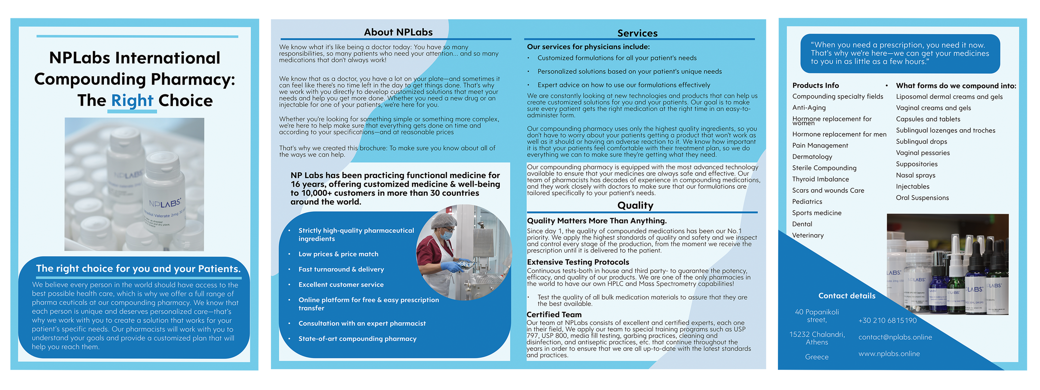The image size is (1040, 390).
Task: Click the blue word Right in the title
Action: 132,101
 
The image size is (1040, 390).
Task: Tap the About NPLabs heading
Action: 398,32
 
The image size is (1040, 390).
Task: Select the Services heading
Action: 637,33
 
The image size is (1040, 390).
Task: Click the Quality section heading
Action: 635,205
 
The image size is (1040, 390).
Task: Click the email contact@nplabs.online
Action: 895,337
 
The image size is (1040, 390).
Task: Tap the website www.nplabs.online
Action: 889,354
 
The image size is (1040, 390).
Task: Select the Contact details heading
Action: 847,296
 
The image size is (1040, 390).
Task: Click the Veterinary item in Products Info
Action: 808,235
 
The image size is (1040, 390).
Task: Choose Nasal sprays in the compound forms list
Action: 915,175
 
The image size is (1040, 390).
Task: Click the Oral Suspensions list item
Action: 922,198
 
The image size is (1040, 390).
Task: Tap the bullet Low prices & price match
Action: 338,254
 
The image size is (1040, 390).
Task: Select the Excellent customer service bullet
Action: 341,285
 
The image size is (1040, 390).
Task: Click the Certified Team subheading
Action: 554,315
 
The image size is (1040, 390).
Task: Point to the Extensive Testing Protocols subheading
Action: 578,262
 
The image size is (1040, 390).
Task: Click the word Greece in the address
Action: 816,357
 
